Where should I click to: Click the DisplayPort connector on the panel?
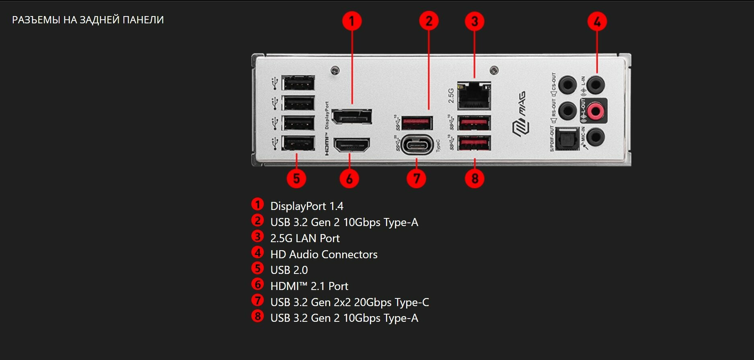pyautogui.click(x=352, y=117)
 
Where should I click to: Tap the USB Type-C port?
pyautogui.click(x=417, y=145)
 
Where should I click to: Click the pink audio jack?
pyautogui.click(x=595, y=110)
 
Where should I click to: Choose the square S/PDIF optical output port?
pyautogui.click(x=567, y=139)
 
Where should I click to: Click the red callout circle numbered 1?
pyautogui.click(x=352, y=21)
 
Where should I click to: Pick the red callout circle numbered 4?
pyautogui.click(x=597, y=21)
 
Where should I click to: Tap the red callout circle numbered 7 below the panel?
pyautogui.click(x=416, y=178)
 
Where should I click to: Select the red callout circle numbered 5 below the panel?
pyautogui.click(x=296, y=178)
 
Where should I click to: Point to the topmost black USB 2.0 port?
pyautogui.click(x=298, y=83)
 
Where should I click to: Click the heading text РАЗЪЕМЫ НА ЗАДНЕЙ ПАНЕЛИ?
pyautogui.click(x=88, y=20)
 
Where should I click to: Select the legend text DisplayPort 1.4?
pyautogui.click(x=306, y=206)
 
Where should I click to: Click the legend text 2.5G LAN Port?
pyautogui.click(x=305, y=238)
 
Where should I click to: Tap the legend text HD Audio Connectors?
pyautogui.click(x=324, y=254)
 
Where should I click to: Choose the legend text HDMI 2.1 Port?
pyautogui.click(x=309, y=286)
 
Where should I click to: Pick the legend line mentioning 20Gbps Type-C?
pyautogui.click(x=349, y=302)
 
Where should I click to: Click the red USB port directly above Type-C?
pyautogui.click(x=417, y=122)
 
